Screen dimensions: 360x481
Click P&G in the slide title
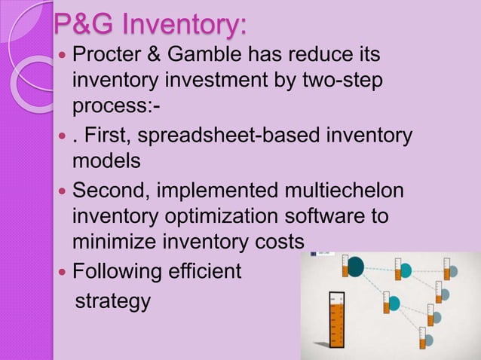click(81, 25)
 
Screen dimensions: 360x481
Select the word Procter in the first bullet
click(110, 56)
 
